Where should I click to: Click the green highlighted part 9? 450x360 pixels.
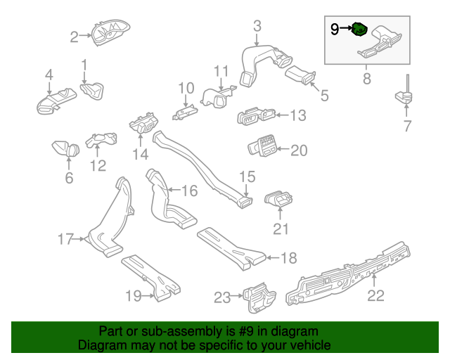coord(359,30)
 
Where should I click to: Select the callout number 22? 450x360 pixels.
coord(376,295)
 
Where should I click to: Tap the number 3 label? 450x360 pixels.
coord(257,27)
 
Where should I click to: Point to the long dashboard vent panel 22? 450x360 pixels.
coord(352,278)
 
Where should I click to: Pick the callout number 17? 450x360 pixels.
coord(65,240)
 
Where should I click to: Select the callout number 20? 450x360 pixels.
coord(300,150)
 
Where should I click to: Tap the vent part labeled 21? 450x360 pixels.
coord(279,200)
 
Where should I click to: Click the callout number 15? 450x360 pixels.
coord(248,176)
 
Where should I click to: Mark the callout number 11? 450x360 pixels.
coord(221,70)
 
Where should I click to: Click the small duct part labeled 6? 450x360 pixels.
coord(67,149)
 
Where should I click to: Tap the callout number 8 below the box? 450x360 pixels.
coord(366,79)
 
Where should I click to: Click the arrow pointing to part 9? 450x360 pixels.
coord(345,29)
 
